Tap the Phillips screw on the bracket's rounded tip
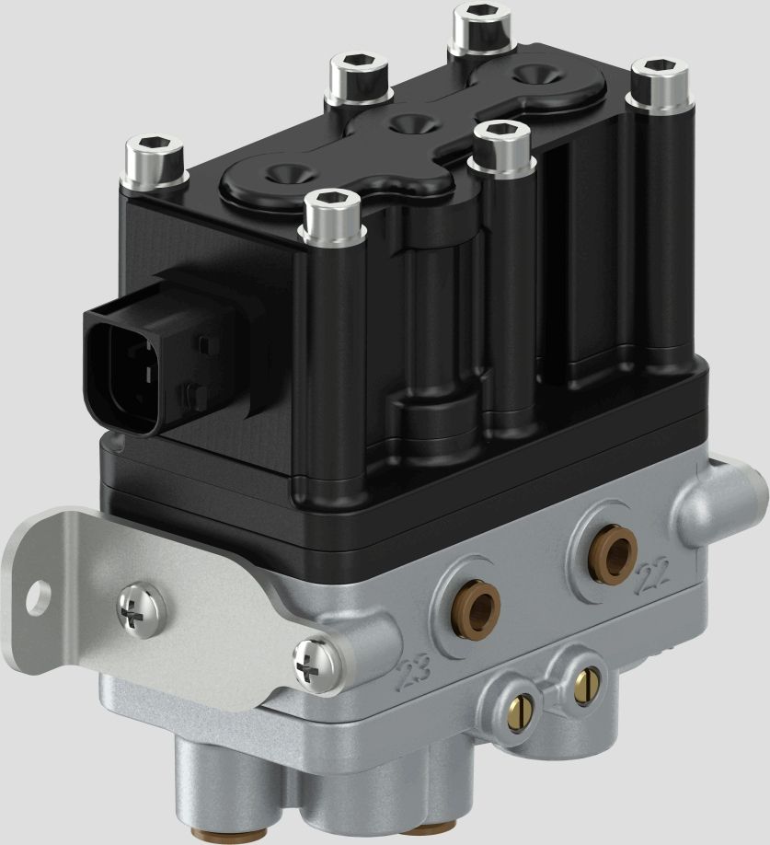(310, 662)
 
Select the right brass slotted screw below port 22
(584, 682)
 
